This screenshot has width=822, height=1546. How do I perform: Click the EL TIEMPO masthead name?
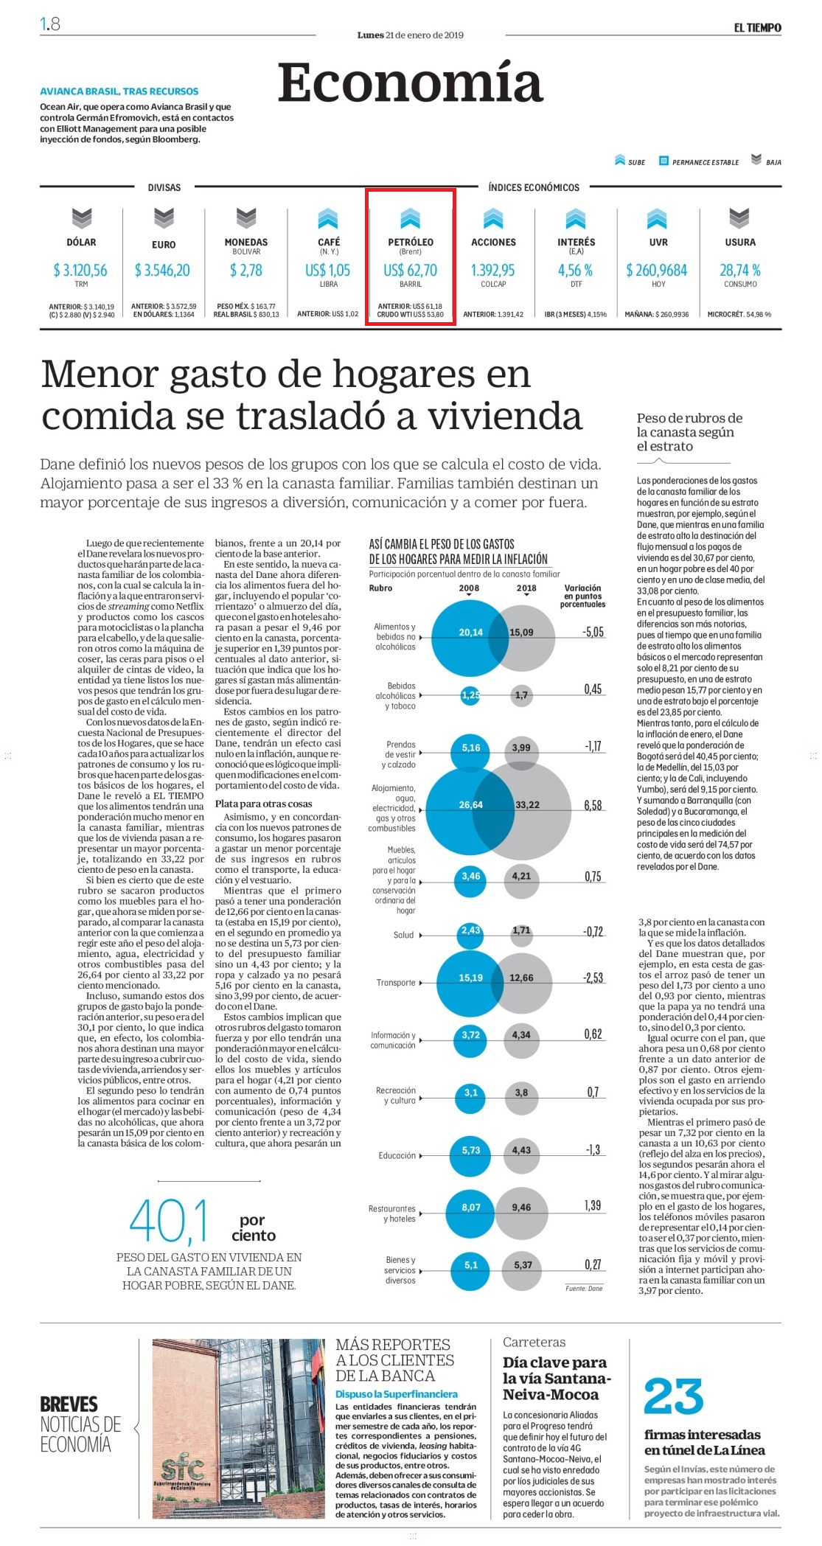tap(757, 27)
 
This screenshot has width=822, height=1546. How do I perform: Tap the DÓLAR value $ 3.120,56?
tap(80, 271)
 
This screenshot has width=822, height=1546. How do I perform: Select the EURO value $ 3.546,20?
tap(162, 271)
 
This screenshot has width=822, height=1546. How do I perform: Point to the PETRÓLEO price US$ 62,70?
tap(410, 271)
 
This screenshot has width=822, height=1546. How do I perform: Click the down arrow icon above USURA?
tap(739, 217)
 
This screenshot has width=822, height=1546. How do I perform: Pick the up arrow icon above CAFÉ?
tap(328, 218)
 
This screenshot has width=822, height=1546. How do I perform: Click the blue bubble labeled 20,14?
tap(470, 633)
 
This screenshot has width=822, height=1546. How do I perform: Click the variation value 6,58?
tap(593, 805)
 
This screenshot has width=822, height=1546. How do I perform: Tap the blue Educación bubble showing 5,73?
tap(470, 1150)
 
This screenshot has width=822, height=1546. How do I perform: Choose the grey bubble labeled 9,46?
tap(522, 1208)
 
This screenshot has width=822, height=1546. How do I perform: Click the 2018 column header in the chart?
tap(526, 588)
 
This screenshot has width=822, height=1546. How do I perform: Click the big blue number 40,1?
tap(169, 1222)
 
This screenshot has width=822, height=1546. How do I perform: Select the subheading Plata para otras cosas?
tap(263, 804)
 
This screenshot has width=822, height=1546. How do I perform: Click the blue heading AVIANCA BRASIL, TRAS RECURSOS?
tap(119, 91)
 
